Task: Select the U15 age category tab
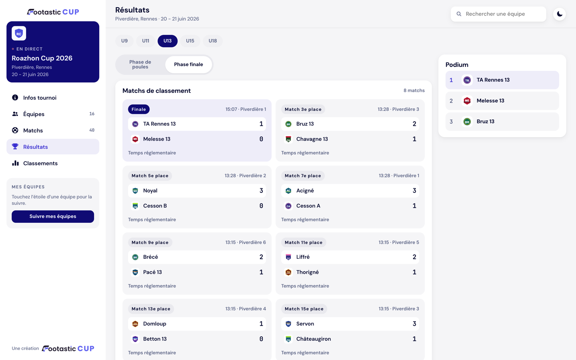click(190, 41)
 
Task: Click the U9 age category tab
click(124, 41)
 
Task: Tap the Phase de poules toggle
click(140, 64)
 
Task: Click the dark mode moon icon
click(560, 14)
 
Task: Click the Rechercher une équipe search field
click(498, 14)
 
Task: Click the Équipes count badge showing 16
click(92, 114)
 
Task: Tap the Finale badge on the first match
click(139, 109)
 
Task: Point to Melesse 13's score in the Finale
click(261, 139)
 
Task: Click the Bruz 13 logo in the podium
click(467, 122)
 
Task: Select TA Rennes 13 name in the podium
click(493, 80)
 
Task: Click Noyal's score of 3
click(261, 190)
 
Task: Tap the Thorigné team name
click(307, 272)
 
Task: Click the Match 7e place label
click(303, 176)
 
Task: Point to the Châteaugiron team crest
click(288, 339)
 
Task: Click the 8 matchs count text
click(414, 90)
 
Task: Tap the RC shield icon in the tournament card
click(19, 34)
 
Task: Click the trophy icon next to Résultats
click(15, 146)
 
